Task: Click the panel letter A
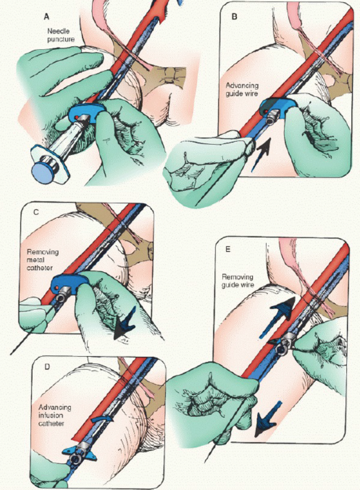tap(47, 17)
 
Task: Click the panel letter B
tap(234, 17)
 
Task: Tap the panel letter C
tap(36, 212)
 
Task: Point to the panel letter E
tap(227, 249)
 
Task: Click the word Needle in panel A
tap(58, 31)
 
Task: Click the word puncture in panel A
tap(61, 39)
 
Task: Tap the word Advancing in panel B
tap(242, 85)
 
